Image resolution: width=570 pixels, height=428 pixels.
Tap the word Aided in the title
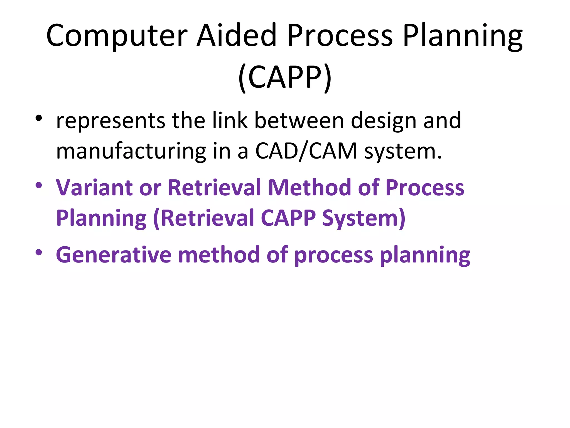pos(237,36)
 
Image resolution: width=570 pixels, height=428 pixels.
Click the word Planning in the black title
pos(463,36)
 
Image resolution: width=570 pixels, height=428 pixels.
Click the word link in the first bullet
pos(230,120)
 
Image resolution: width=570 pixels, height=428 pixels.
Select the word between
pos(299,120)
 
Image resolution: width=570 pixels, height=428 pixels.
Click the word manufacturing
pos(131,151)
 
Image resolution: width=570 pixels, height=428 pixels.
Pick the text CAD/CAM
pos(306,151)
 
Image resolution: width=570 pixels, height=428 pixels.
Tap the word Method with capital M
pos(309,188)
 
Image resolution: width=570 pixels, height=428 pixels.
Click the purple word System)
pos(364,218)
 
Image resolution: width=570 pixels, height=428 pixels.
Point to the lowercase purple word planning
pos(425,255)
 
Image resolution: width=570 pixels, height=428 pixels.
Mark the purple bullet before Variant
pos(39,185)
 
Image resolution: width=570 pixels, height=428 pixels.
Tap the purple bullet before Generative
pos(39,252)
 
